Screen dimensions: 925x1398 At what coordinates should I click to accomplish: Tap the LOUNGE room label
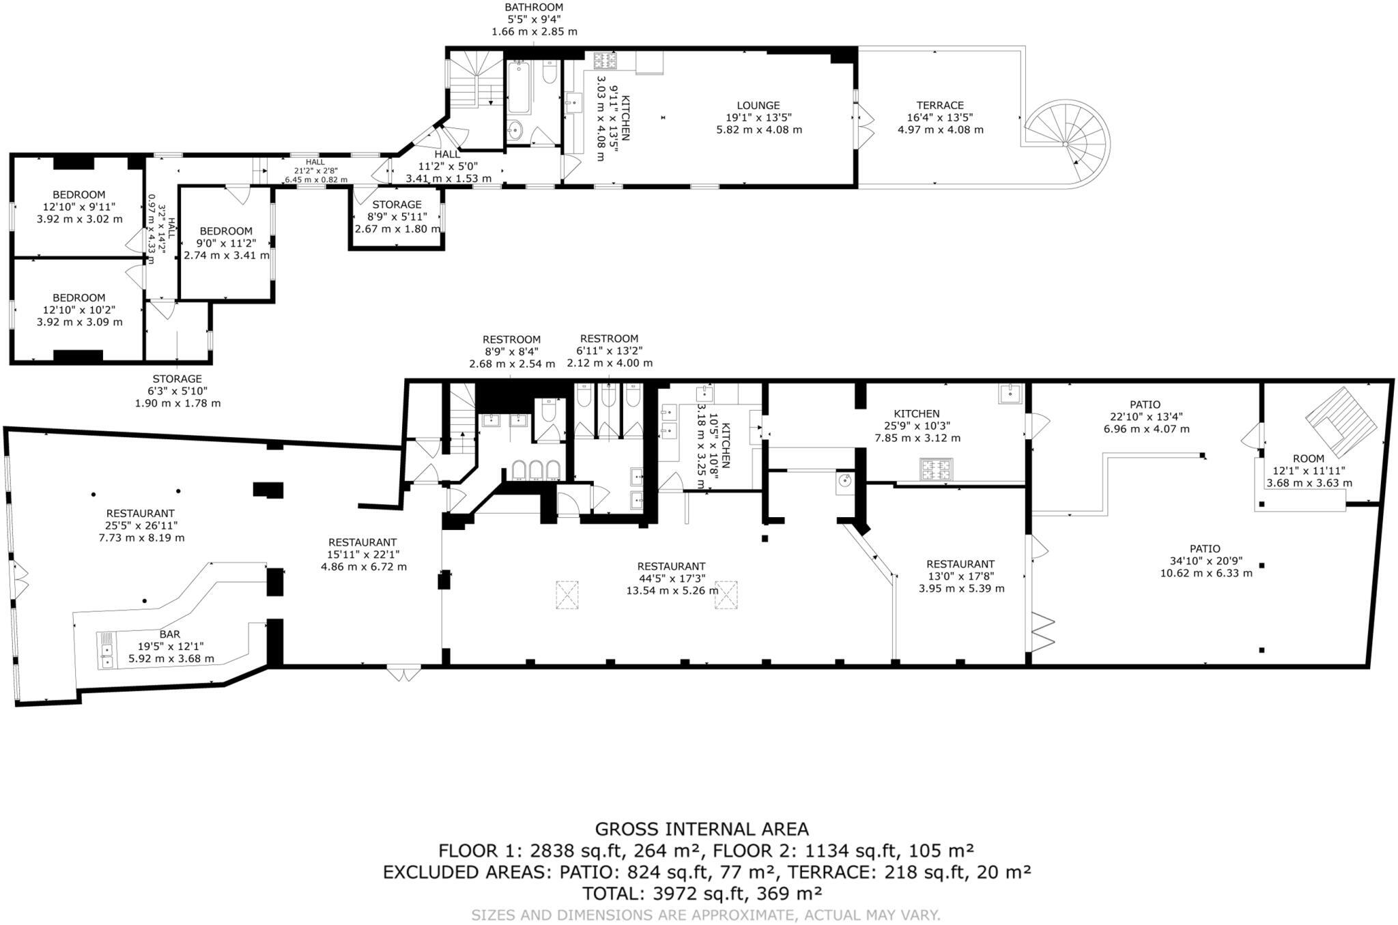[758, 106]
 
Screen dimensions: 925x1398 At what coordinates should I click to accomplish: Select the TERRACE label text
[940, 106]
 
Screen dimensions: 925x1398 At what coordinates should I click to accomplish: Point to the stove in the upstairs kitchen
[604, 61]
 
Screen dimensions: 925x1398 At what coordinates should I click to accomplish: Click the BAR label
[169, 634]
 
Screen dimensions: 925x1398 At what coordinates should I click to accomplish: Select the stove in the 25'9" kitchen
[936, 469]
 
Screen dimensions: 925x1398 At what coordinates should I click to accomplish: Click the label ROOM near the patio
[1308, 458]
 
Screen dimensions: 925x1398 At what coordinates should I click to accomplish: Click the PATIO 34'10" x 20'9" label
[1205, 560]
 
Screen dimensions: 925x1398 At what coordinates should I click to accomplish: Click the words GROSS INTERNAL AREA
[702, 829]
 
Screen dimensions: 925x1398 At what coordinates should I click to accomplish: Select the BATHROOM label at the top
[534, 8]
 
